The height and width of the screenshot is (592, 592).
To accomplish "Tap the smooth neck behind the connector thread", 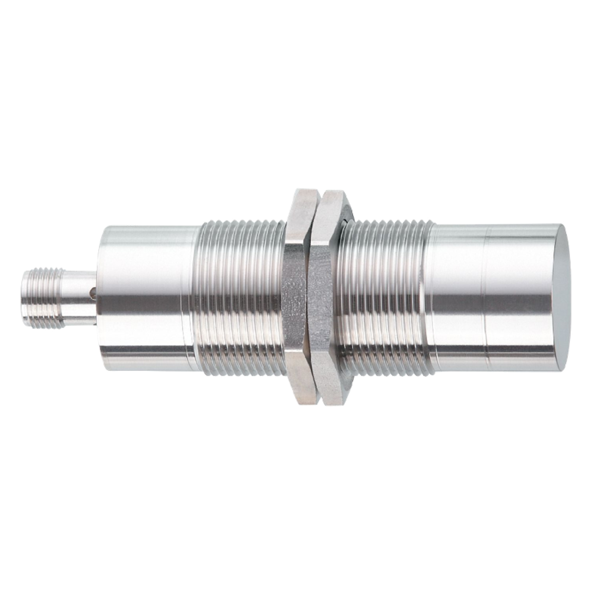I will tap(76, 292).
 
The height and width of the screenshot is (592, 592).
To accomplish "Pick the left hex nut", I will tap(298, 296).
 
